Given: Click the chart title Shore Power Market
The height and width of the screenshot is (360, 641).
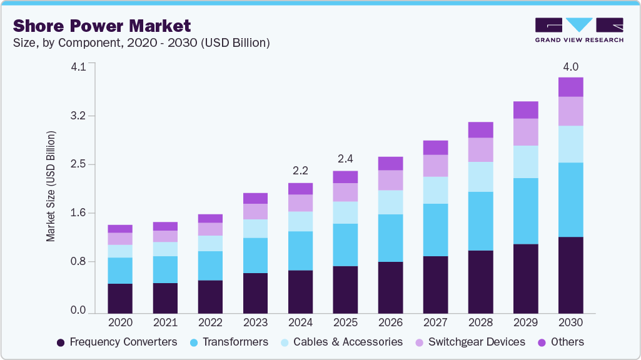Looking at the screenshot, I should point(102,26).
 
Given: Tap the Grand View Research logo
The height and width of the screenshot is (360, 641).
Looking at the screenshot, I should point(579,30).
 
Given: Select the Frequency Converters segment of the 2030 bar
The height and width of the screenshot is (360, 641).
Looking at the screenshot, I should point(570,275).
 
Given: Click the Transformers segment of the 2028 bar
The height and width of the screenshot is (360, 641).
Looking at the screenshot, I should point(480,221).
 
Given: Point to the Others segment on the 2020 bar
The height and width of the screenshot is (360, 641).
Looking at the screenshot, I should point(120,229).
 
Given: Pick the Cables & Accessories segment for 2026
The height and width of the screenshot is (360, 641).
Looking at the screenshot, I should point(390,202).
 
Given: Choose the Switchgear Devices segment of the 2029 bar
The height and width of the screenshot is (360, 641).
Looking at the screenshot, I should point(525,132).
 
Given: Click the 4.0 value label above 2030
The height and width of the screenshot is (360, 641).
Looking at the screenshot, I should point(570,67).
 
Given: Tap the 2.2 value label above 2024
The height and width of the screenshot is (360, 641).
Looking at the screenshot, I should point(300,170).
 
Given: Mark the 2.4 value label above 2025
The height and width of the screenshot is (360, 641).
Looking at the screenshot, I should point(345,158).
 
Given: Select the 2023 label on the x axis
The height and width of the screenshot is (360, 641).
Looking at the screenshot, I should point(255,322).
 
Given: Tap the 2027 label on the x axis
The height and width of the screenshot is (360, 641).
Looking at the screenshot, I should point(435,322).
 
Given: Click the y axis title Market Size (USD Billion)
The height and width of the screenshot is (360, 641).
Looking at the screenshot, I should point(51,187).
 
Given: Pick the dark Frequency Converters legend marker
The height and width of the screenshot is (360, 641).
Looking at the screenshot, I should point(61,342).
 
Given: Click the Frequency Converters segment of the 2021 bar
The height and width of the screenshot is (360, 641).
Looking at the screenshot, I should point(165,297).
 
